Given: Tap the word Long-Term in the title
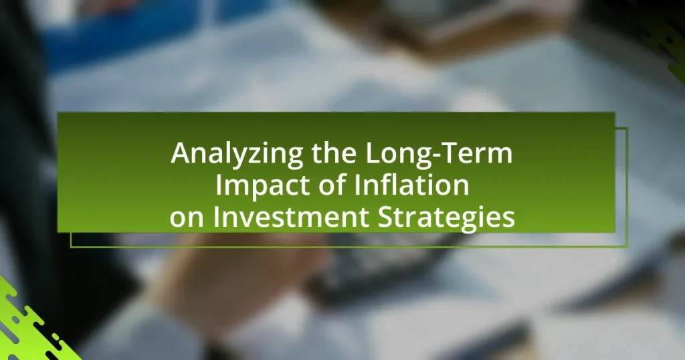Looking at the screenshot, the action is [x=439, y=153].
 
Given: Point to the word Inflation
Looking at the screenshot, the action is [x=411, y=185].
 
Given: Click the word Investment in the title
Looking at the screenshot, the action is [x=290, y=217].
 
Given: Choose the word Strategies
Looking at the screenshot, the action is [x=446, y=217].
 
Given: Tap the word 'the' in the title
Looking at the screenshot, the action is [x=334, y=153].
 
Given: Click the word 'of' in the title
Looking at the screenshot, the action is [x=332, y=185].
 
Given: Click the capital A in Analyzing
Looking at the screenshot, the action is [x=180, y=153].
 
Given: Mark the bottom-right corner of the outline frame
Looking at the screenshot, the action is [x=627, y=247].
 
